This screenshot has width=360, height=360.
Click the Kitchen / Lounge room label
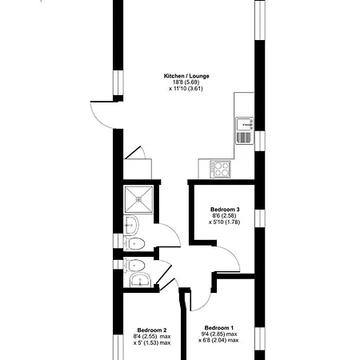[x=186, y=76]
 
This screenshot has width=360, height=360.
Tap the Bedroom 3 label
[x=225, y=210]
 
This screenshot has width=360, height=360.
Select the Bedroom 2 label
[x=152, y=330]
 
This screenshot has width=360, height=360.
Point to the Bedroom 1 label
[x=219, y=328]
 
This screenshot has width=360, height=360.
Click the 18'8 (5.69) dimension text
[x=186, y=82]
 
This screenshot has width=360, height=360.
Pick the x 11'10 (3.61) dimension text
[x=186, y=89]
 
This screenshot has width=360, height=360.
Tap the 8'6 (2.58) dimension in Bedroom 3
[x=224, y=215]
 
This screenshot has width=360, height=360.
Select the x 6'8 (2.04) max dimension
[x=218, y=340]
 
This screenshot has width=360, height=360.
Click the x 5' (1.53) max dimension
[x=152, y=342]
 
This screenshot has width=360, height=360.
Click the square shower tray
[x=138, y=199]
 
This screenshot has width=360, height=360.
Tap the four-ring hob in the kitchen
[x=221, y=170]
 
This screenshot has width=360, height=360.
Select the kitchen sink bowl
[x=245, y=124]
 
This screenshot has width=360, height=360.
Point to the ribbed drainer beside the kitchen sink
[x=244, y=138]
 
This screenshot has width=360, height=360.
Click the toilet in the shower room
[x=134, y=244]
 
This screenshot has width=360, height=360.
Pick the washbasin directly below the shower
[x=131, y=225]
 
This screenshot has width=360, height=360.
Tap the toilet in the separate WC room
[x=134, y=266]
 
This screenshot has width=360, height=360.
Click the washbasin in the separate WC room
[x=141, y=280]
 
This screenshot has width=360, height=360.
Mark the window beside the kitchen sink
[x=260, y=141]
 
